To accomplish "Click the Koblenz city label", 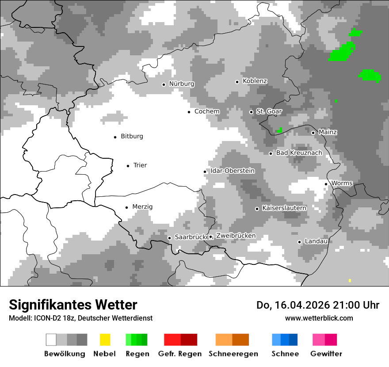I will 255,81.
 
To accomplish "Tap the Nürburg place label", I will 181,84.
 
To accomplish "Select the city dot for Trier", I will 128,166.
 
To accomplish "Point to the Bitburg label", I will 132,137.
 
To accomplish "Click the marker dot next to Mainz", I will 313,133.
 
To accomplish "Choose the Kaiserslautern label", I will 284,208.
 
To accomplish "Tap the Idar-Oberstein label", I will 232,171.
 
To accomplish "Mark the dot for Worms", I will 326,184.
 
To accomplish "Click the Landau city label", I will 316,241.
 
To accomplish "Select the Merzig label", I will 142,207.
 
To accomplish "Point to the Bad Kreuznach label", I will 299,153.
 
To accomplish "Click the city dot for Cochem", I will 189,112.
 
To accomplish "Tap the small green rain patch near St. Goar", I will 279,130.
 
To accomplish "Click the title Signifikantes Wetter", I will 73,305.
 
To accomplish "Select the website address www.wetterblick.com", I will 319,318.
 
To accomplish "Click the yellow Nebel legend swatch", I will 105,340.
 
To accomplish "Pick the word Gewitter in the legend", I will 326,354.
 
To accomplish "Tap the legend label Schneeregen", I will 233,354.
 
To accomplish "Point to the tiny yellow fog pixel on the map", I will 350,280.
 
